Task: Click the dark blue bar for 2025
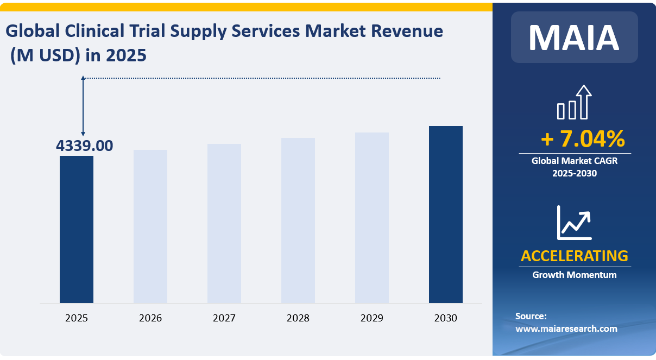click(x=77, y=229)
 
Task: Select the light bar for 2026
click(x=150, y=226)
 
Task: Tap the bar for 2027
click(x=224, y=223)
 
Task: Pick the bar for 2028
click(x=298, y=220)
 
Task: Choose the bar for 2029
click(x=372, y=217)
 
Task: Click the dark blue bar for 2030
click(x=446, y=214)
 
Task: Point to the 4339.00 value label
click(x=85, y=146)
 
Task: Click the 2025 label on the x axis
click(x=77, y=318)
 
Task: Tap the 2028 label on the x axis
click(x=298, y=318)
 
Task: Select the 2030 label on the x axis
click(x=446, y=318)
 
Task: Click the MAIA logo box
click(x=574, y=37)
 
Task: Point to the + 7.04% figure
click(x=583, y=140)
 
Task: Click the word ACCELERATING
click(x=574, y=256)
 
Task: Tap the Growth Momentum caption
click(x=574, y=275)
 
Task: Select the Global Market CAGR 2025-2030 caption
click(x=574, y=167)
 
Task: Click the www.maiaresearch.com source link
click(x=566, y=329)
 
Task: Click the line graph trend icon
click(x=574, y=223)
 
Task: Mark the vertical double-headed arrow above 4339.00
click(x=83, y=106)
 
